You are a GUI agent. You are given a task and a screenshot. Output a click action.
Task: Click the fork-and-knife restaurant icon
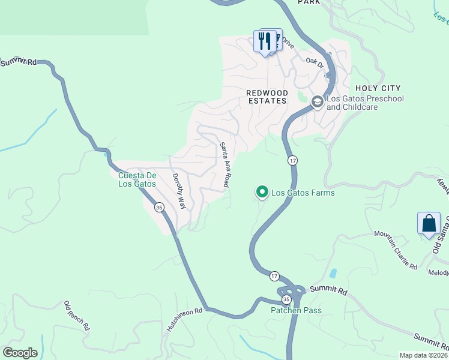tap(264, 42)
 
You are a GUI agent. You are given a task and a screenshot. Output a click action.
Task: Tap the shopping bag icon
tap(429, 224)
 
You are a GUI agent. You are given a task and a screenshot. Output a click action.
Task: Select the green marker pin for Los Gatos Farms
tap(262, 192)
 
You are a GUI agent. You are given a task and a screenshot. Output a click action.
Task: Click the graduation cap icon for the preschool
tap(317, 103)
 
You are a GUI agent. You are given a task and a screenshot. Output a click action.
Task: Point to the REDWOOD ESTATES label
tap(267, 97)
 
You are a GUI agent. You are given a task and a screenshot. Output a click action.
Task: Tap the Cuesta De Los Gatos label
tap(137, 179)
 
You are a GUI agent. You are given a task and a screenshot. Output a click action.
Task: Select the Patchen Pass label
tap(296, 310)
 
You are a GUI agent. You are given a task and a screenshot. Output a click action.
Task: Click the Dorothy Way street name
tap(179, 191)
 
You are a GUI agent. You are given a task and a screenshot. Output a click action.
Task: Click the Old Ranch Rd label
tap(76, 316)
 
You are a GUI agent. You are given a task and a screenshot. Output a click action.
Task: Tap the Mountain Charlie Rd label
tap(396, 249)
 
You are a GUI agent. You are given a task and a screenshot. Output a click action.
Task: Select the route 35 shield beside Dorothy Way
tap(159, 207)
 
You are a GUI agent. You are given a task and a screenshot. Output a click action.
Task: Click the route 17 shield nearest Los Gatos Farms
tap(292, 160)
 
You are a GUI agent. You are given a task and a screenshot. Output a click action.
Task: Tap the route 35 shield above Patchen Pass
tap(286, 298)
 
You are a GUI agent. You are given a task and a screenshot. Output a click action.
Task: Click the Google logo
tap(20, 353)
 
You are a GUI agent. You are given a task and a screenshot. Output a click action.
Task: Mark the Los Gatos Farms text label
tap(303, 193)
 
